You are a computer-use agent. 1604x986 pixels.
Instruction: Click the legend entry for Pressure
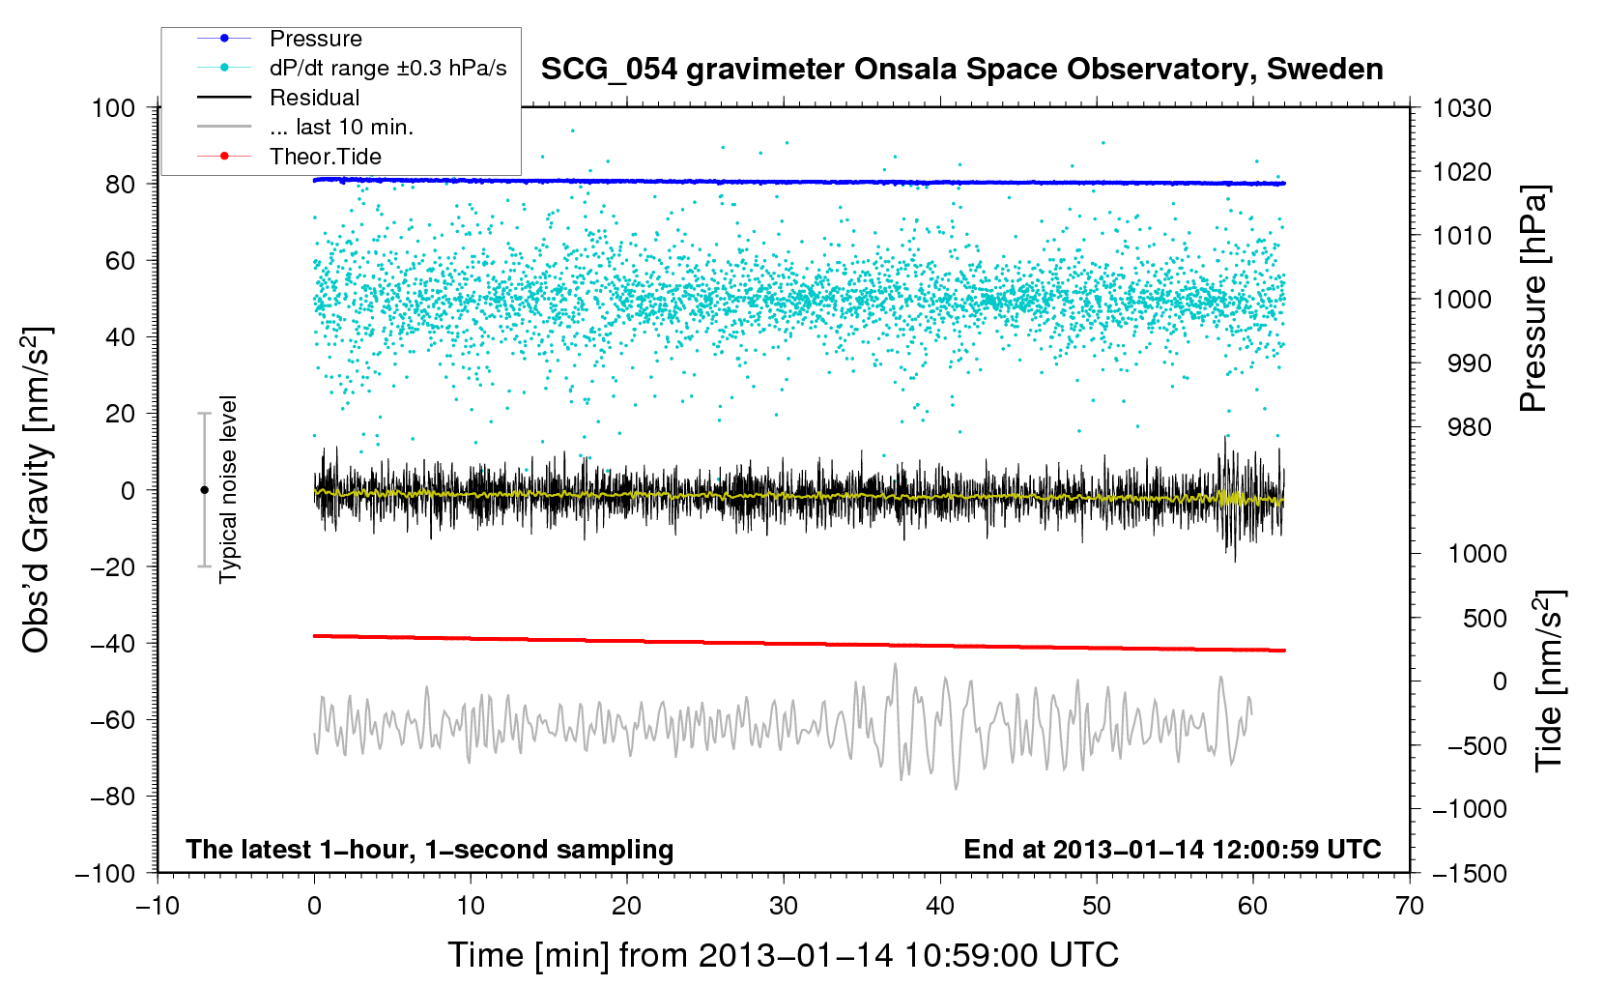point(279,39)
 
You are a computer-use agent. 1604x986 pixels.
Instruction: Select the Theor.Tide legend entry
point(289,157)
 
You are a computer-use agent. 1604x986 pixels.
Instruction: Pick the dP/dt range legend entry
point(352,68)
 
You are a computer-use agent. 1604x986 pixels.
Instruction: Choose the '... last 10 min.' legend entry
point(305,127)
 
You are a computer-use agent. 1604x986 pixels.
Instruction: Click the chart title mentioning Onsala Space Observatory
point(961,70)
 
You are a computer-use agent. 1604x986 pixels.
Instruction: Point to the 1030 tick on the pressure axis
point(1462,108)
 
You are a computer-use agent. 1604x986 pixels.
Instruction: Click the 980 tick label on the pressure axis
point(1470,428)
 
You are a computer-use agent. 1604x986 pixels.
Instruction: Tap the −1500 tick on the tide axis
point(1470,874)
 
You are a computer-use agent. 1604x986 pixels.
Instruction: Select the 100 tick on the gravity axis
point(113,108)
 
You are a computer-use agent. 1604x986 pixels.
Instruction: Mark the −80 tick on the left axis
point(112,797)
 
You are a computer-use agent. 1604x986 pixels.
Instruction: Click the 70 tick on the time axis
point(1409,906)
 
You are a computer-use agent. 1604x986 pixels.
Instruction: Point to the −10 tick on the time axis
point(158,906)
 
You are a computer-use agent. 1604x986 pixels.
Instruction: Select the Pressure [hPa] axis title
point(1533,299)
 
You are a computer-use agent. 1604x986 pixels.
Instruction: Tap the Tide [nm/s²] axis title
point(1550,681)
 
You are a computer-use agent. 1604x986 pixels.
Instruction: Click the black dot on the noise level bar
point(204,490)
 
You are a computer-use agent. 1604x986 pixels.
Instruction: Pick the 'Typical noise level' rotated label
point(228,490)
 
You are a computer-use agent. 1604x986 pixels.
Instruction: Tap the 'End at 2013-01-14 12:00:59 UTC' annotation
point(1172,849)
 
